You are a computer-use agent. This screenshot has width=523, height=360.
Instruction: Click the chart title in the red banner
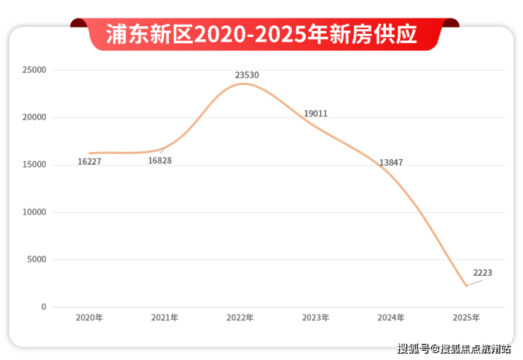tap(261, 34)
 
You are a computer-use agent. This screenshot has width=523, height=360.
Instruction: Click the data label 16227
tap(90, 162)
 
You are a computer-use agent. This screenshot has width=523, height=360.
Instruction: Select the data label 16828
tap(160, 161)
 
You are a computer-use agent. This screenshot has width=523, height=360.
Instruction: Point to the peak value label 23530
tap(247, 74)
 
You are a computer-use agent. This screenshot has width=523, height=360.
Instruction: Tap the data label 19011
tap(315, 113)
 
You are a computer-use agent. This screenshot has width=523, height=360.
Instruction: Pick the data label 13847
tap(391, 163)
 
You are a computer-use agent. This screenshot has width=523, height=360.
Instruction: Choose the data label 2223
tap(483, 272)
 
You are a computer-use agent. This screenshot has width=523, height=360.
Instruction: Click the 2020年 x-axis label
tap(90, 318)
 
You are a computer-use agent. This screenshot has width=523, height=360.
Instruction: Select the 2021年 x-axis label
tap(165, 318)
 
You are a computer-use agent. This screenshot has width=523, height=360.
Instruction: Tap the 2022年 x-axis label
tap(240, 318)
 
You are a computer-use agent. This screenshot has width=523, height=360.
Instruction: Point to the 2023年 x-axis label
tap(315, 318)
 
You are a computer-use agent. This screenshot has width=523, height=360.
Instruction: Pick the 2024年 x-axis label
tap(391, 318)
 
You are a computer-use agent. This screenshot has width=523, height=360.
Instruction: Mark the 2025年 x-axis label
tap(466, 318)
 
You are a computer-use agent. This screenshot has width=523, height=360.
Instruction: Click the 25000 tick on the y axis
tap(34, 70)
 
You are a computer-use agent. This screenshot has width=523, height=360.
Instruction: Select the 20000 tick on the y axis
tap(34, 117)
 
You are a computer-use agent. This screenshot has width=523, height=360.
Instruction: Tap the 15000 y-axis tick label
tap(34, 165)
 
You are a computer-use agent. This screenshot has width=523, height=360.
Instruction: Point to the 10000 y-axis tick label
tap(34, 212)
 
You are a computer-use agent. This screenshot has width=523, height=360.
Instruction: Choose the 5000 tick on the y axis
tap(36, 260)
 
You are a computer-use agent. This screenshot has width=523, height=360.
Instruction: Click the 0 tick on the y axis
tap(43, 307)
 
